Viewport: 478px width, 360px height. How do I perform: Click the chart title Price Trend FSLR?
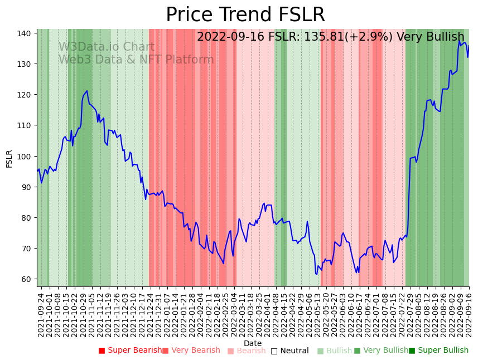click(245, 15)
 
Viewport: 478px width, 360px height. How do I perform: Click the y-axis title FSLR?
click(9, 158)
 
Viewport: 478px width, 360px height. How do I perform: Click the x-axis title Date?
click(253, 343)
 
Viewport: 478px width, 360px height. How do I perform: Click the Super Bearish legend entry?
click(134, 351)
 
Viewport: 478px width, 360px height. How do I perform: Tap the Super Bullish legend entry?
click(443, 351)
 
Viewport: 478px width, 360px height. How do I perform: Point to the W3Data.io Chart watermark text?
click(107, 47)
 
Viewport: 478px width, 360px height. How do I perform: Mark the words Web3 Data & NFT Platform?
click(136, 60)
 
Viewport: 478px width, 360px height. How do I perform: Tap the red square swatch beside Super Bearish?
click(102, 351)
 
